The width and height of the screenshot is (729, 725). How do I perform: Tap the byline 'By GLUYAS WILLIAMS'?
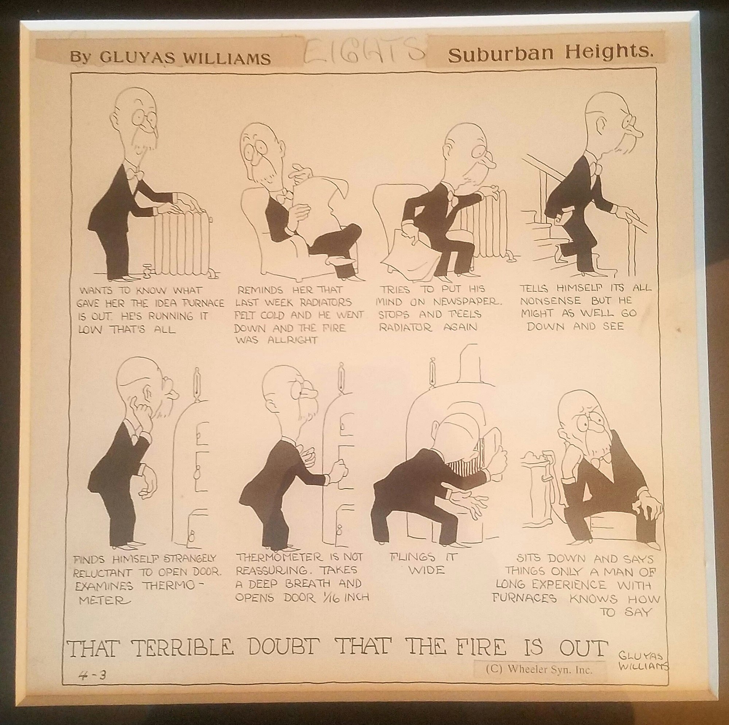(170, 58)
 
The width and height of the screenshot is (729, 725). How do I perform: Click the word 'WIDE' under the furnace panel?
(426, 569)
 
